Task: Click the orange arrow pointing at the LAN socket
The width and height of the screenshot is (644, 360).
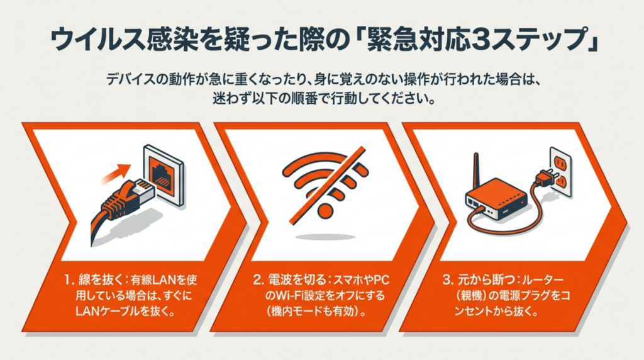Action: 116,173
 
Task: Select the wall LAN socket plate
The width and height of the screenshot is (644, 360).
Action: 163,174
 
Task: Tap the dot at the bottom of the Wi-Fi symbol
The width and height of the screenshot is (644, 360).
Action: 325,210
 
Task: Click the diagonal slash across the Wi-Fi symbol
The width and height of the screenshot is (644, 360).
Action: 327,186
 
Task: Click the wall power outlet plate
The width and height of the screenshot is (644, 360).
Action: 560,171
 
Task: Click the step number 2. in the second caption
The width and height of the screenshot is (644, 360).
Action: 258,280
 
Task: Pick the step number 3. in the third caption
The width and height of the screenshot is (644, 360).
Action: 448,280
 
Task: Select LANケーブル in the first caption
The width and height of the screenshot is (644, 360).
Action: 108,312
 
